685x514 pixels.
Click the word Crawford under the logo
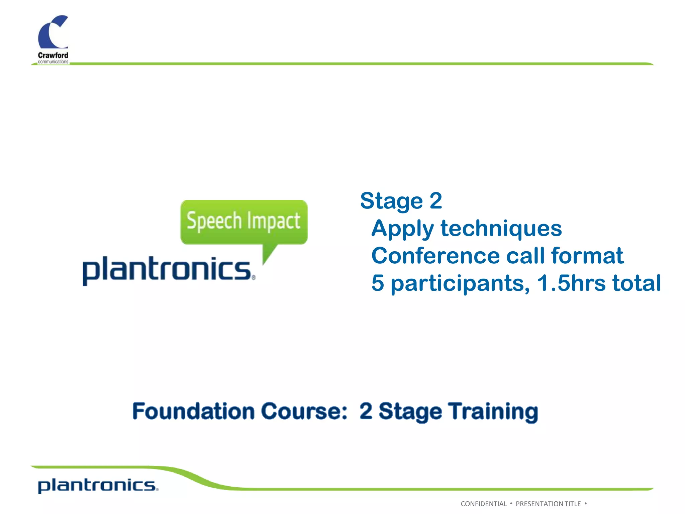click(53, 55)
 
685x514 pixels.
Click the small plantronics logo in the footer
click(98, 486)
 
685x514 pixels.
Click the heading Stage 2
click(401, 201)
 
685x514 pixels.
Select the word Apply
click(402, 229)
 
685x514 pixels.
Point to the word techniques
click(501, 229)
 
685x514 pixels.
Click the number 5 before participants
click(378, 283)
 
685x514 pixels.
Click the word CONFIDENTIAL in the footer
click(484, 504)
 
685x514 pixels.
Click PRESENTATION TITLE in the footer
click(548, 504)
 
